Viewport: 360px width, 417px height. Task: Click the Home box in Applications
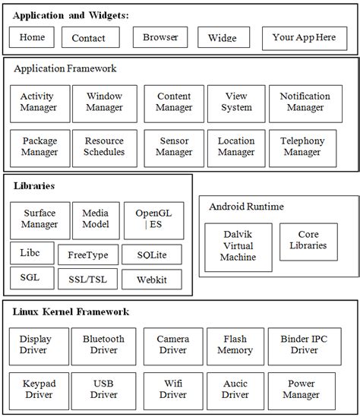click(32, 37)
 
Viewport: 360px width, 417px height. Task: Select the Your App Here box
click(304, 37)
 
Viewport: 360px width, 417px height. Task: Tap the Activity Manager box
click(39, 103)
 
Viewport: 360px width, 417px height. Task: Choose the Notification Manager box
click(305, 103)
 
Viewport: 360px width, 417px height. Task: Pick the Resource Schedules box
click(104, 147)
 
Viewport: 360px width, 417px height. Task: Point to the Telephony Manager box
click(302, 147)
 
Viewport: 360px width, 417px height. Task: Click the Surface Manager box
click(39, 220)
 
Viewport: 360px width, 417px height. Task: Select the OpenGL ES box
click(153, 220)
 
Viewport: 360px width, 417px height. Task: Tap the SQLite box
click(152, 254)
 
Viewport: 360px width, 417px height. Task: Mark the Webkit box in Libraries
click(152, 280)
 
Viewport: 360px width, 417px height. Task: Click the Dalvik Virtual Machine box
click(238, 246)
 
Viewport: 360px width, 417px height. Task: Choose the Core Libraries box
click(308, 240)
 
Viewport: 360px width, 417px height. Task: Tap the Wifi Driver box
click(173, 390)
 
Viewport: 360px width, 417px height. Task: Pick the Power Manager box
click(302, 390)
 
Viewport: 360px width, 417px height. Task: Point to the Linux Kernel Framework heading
click(71, 312)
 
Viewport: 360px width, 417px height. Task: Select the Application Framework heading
click(65, 69)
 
